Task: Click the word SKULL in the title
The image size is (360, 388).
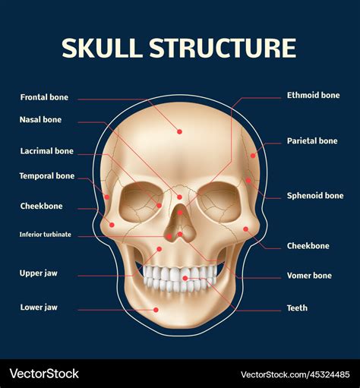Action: click(102, 48)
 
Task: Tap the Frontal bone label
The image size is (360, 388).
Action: click(44, 97)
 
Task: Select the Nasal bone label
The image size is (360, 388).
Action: click(40, 119)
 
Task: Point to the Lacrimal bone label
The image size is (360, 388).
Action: click(47, 151)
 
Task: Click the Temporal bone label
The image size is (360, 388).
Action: click(47, 176)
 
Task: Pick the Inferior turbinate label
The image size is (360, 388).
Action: click(46, 235)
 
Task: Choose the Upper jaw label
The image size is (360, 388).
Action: click(39, 273)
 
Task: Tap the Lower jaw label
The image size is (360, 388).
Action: click(39, 308)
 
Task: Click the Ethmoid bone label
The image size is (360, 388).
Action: click(313, 95)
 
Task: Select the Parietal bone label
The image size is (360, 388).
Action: click(312, 140)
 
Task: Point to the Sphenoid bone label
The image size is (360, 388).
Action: click(315, 195)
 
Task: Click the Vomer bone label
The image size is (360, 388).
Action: click(309, 276)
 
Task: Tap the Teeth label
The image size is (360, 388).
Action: click(297, 308)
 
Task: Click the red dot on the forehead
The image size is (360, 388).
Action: click(179, 131)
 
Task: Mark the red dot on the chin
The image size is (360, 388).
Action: click(156, 310)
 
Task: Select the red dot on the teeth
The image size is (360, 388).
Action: click(185, 279)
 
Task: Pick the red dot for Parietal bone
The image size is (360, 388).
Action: click(253, 156)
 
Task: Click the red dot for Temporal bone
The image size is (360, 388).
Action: click(107, 197)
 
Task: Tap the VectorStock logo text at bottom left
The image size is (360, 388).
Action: click(44, 374)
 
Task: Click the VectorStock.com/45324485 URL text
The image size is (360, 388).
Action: click(295, 374)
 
